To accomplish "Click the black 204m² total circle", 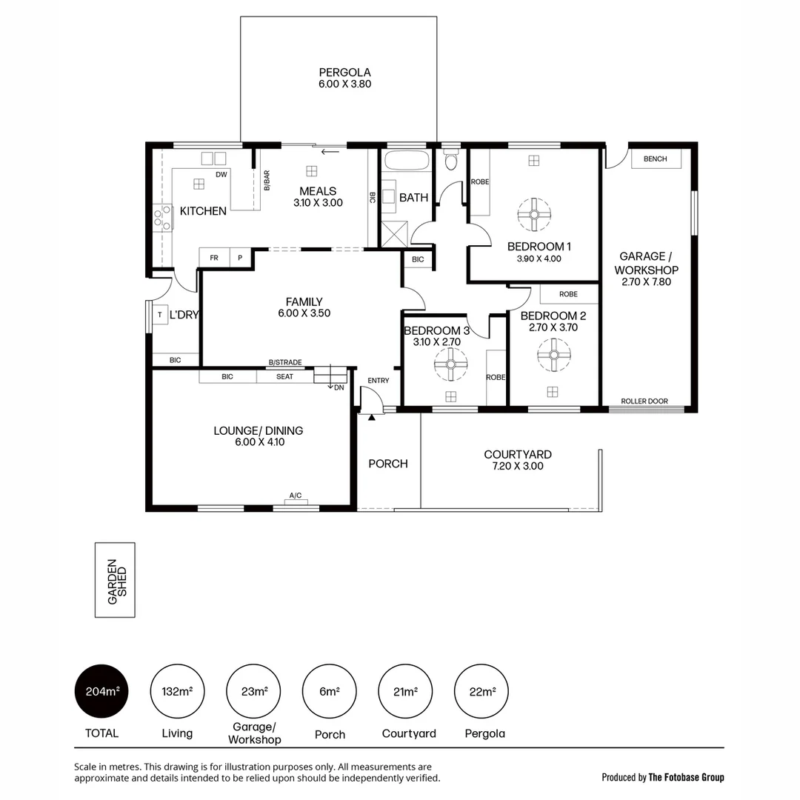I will point(102,692).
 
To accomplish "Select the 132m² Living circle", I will point(177,692).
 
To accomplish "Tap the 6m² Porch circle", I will point(330,692).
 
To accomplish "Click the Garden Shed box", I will point(115,580).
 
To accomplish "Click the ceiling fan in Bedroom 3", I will point(450,364).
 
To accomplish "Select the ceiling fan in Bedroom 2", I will point(553,355).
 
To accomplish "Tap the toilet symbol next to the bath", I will point(450,159).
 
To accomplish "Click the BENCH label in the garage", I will point(655,159).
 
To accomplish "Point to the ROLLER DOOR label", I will point(644,401).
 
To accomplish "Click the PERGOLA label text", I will point(344,73).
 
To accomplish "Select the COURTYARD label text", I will point(517,455).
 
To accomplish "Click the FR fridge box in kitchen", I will point(214,258).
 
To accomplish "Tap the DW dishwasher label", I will point(221,175).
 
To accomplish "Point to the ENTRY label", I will point(378,381).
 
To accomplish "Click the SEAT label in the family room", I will point(284,376).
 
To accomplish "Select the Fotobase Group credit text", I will point(663,777).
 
